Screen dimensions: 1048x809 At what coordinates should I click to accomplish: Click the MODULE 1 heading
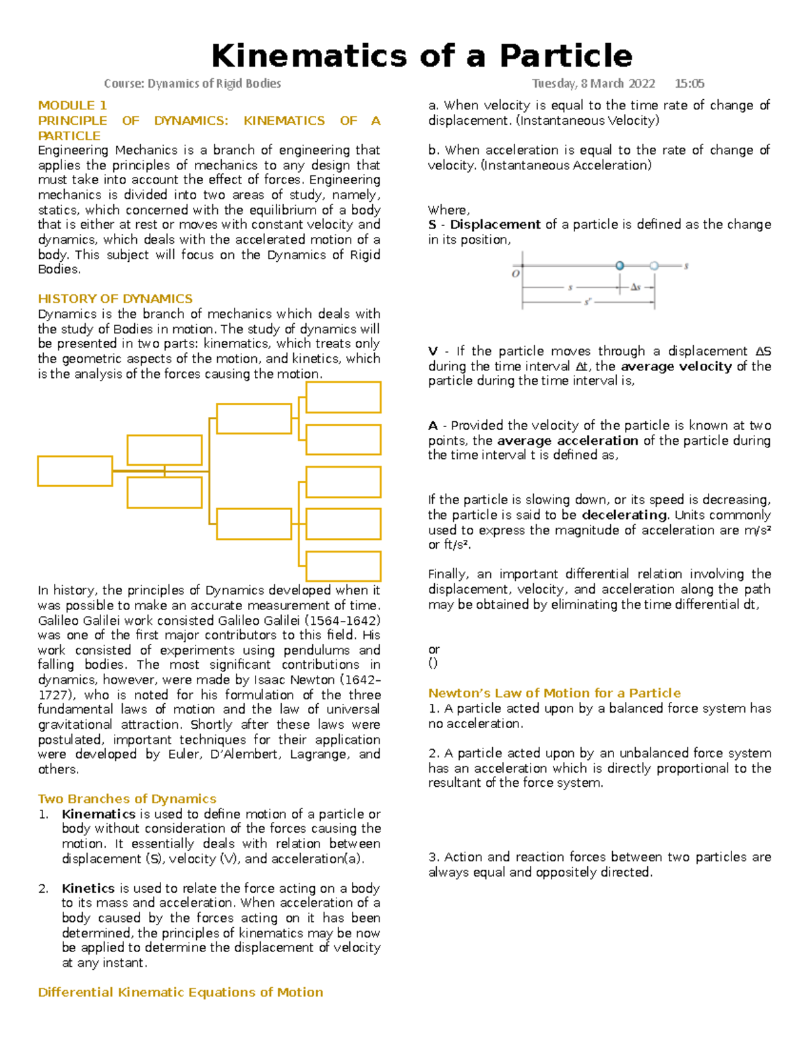[x=72, y=105]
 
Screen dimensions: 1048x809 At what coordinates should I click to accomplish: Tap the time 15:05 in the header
[x=689, y=84]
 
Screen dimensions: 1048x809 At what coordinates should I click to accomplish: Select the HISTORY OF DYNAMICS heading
[x=115, y=299]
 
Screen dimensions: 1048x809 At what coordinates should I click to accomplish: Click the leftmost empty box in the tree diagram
[x=75, y=471]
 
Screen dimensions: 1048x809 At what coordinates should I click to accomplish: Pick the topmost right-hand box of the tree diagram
[x=343, y=397]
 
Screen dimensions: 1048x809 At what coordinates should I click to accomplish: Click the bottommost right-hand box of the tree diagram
[x=343, y=566]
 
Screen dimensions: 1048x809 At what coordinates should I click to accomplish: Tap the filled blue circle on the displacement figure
[x=620, y=266]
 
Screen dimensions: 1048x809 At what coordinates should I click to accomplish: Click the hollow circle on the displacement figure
[x=654, y=266]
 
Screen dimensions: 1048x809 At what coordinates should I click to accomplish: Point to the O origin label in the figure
[x=516, y=274]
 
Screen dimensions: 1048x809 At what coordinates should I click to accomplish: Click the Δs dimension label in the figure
[x=635, y=287]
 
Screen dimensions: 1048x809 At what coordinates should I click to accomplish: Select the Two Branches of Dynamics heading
[x=127, y=799]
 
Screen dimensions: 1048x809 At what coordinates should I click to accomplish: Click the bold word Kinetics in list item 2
[x=88, y=888]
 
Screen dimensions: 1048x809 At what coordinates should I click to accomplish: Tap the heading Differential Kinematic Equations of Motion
[x=180, y=992]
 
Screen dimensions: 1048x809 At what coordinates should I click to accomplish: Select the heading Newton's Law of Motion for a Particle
[x=554, y=693]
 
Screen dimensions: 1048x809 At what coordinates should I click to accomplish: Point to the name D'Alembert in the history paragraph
[x=244, y=754]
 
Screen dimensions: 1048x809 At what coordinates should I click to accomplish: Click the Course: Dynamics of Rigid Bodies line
[x=192, y=84]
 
